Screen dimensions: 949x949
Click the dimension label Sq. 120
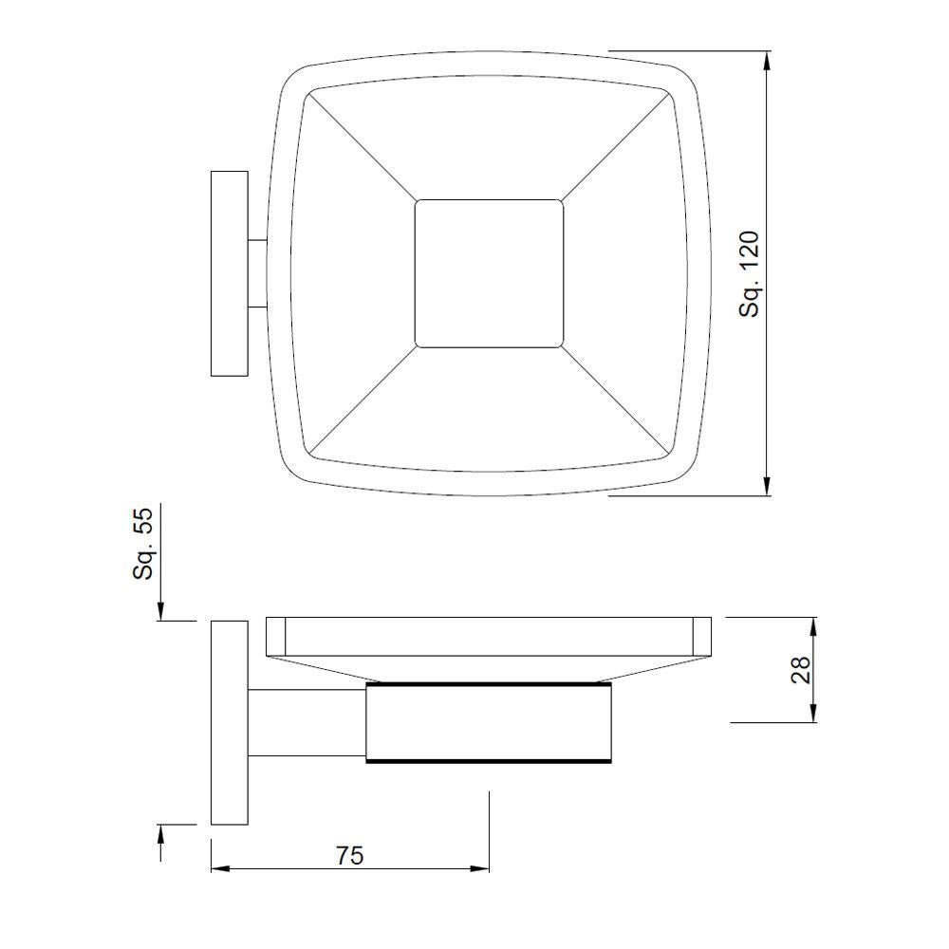click(x=750, y=273)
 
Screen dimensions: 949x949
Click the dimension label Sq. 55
click(x=142, y=544)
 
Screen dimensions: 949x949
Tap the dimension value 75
click(x=349, y=855)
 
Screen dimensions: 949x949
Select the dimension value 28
click(x=800, y=669)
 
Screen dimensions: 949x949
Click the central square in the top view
click(x=489, y=273)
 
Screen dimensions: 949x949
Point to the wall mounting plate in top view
click(x=229, y=274)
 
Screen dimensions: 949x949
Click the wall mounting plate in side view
click(x=229, y=722)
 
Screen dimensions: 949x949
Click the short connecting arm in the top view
click(x=257, y=274)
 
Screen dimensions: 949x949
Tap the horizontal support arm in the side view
click(x=307, y=722)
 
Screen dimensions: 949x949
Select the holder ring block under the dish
click(x=489, y=722)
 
